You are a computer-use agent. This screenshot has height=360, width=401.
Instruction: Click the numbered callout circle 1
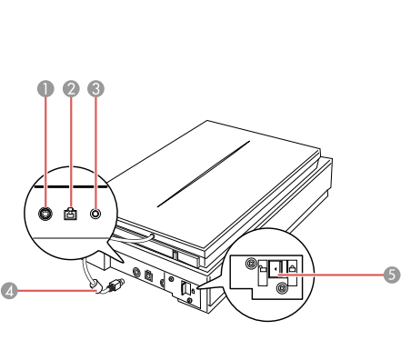[x=45, y=89]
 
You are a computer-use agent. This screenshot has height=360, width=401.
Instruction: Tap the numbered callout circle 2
[x=71, y=89]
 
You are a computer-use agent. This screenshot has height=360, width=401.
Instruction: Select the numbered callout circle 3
[x=95, y=89]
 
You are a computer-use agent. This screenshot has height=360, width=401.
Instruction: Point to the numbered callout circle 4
[x=9, y=291]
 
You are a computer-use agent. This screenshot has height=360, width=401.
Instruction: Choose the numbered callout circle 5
[x=392, y=275]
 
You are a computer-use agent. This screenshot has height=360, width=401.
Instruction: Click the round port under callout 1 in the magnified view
[x=45, y=214]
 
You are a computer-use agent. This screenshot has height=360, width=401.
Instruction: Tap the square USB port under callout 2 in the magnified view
[x=71, y=214]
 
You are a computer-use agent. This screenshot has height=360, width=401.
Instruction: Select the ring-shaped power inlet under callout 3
[x=95, y=214]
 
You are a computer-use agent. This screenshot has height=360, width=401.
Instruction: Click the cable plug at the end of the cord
[x=115, y=285]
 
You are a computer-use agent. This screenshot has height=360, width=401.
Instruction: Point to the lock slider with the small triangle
[x=276, y=268]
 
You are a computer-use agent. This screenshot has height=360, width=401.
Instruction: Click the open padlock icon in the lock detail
[x=263, y=268]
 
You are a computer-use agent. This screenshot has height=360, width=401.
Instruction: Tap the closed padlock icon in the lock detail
[x=292, y=268]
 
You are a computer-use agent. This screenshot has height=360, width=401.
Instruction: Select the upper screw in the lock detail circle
[x=251, y=264]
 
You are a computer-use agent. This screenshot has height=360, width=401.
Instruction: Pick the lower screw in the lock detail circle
[x=282, y=287]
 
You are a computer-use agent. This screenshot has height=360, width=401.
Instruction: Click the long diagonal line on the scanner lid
[x=204, y=174]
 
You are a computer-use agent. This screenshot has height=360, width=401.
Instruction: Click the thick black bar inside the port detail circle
[x=71, y=187]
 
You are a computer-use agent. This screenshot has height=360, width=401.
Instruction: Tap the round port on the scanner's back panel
[x=136, y=272]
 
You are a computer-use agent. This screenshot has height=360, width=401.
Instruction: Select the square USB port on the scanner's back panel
[x=148, y=275]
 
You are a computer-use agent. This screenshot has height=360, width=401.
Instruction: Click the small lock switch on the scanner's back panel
[x=185, y=288]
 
